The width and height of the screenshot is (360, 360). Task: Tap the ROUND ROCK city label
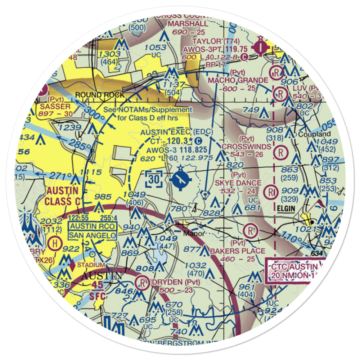[100, 95]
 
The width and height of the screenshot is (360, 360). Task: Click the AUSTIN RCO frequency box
[93, 226]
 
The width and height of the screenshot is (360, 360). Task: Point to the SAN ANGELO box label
[93, 235]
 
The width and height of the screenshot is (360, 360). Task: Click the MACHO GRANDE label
[238, 80]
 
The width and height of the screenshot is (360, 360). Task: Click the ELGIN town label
[286, 208]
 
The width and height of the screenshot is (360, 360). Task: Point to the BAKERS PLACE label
[238, 251]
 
